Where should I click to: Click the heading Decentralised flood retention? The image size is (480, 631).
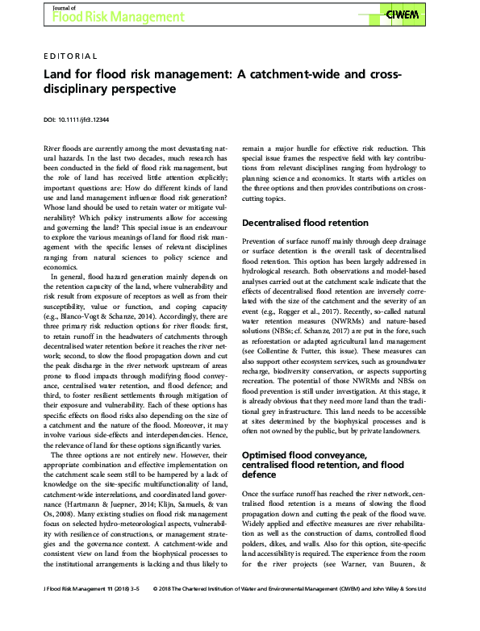[305, 222]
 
